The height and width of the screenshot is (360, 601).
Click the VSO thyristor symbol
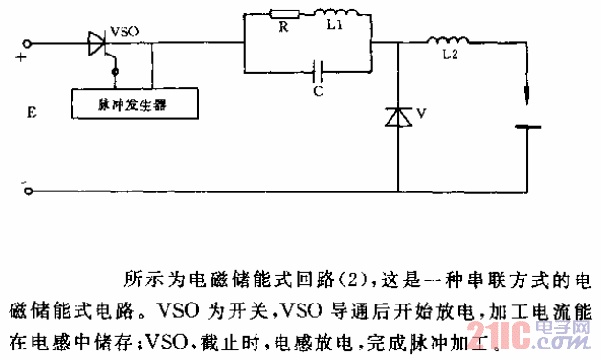[97, 44]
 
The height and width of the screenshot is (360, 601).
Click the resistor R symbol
[282, 15]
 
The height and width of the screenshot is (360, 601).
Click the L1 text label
[333, 30]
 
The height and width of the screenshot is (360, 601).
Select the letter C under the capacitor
[316, 92]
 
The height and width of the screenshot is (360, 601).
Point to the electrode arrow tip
[527, 100]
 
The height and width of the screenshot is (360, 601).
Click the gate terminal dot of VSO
[116, 70]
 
